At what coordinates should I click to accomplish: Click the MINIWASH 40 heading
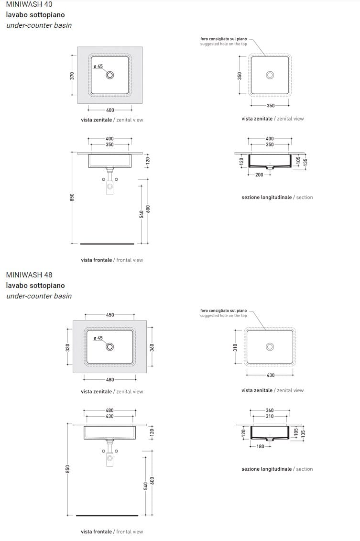(x=29, y=4)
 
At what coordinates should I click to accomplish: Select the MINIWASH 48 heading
(x=29, y=275)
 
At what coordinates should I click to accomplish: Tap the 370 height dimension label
(x=72, y=76)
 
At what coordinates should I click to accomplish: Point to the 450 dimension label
(x=110, y=315)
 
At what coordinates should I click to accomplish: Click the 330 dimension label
(x=67, y=347)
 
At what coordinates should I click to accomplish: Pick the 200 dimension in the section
(x=259, y=175)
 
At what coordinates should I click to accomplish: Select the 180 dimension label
(x=261, y=446)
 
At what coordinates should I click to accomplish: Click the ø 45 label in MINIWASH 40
(x=98, y=66)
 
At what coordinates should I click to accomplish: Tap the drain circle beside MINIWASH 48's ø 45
(x=110, y=347)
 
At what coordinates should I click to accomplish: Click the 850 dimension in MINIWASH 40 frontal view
(x=72, y=198)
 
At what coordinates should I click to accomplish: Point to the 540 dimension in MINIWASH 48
(x=145, y=486)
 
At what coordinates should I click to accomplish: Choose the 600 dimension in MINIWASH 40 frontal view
(x=148, y=209)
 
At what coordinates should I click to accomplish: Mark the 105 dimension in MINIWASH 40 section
(x=298, y=160)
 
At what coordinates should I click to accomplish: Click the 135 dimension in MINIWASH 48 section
(x=303, y=434)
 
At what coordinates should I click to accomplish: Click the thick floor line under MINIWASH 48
(x=107, y=516)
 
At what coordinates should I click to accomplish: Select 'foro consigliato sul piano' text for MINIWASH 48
(x=223, y=310)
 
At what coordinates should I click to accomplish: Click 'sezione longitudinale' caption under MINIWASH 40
(x=267, y=198)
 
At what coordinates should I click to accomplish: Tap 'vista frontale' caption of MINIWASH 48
(x=96, y=532)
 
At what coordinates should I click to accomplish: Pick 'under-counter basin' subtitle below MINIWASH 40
(x=39, y=25)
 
